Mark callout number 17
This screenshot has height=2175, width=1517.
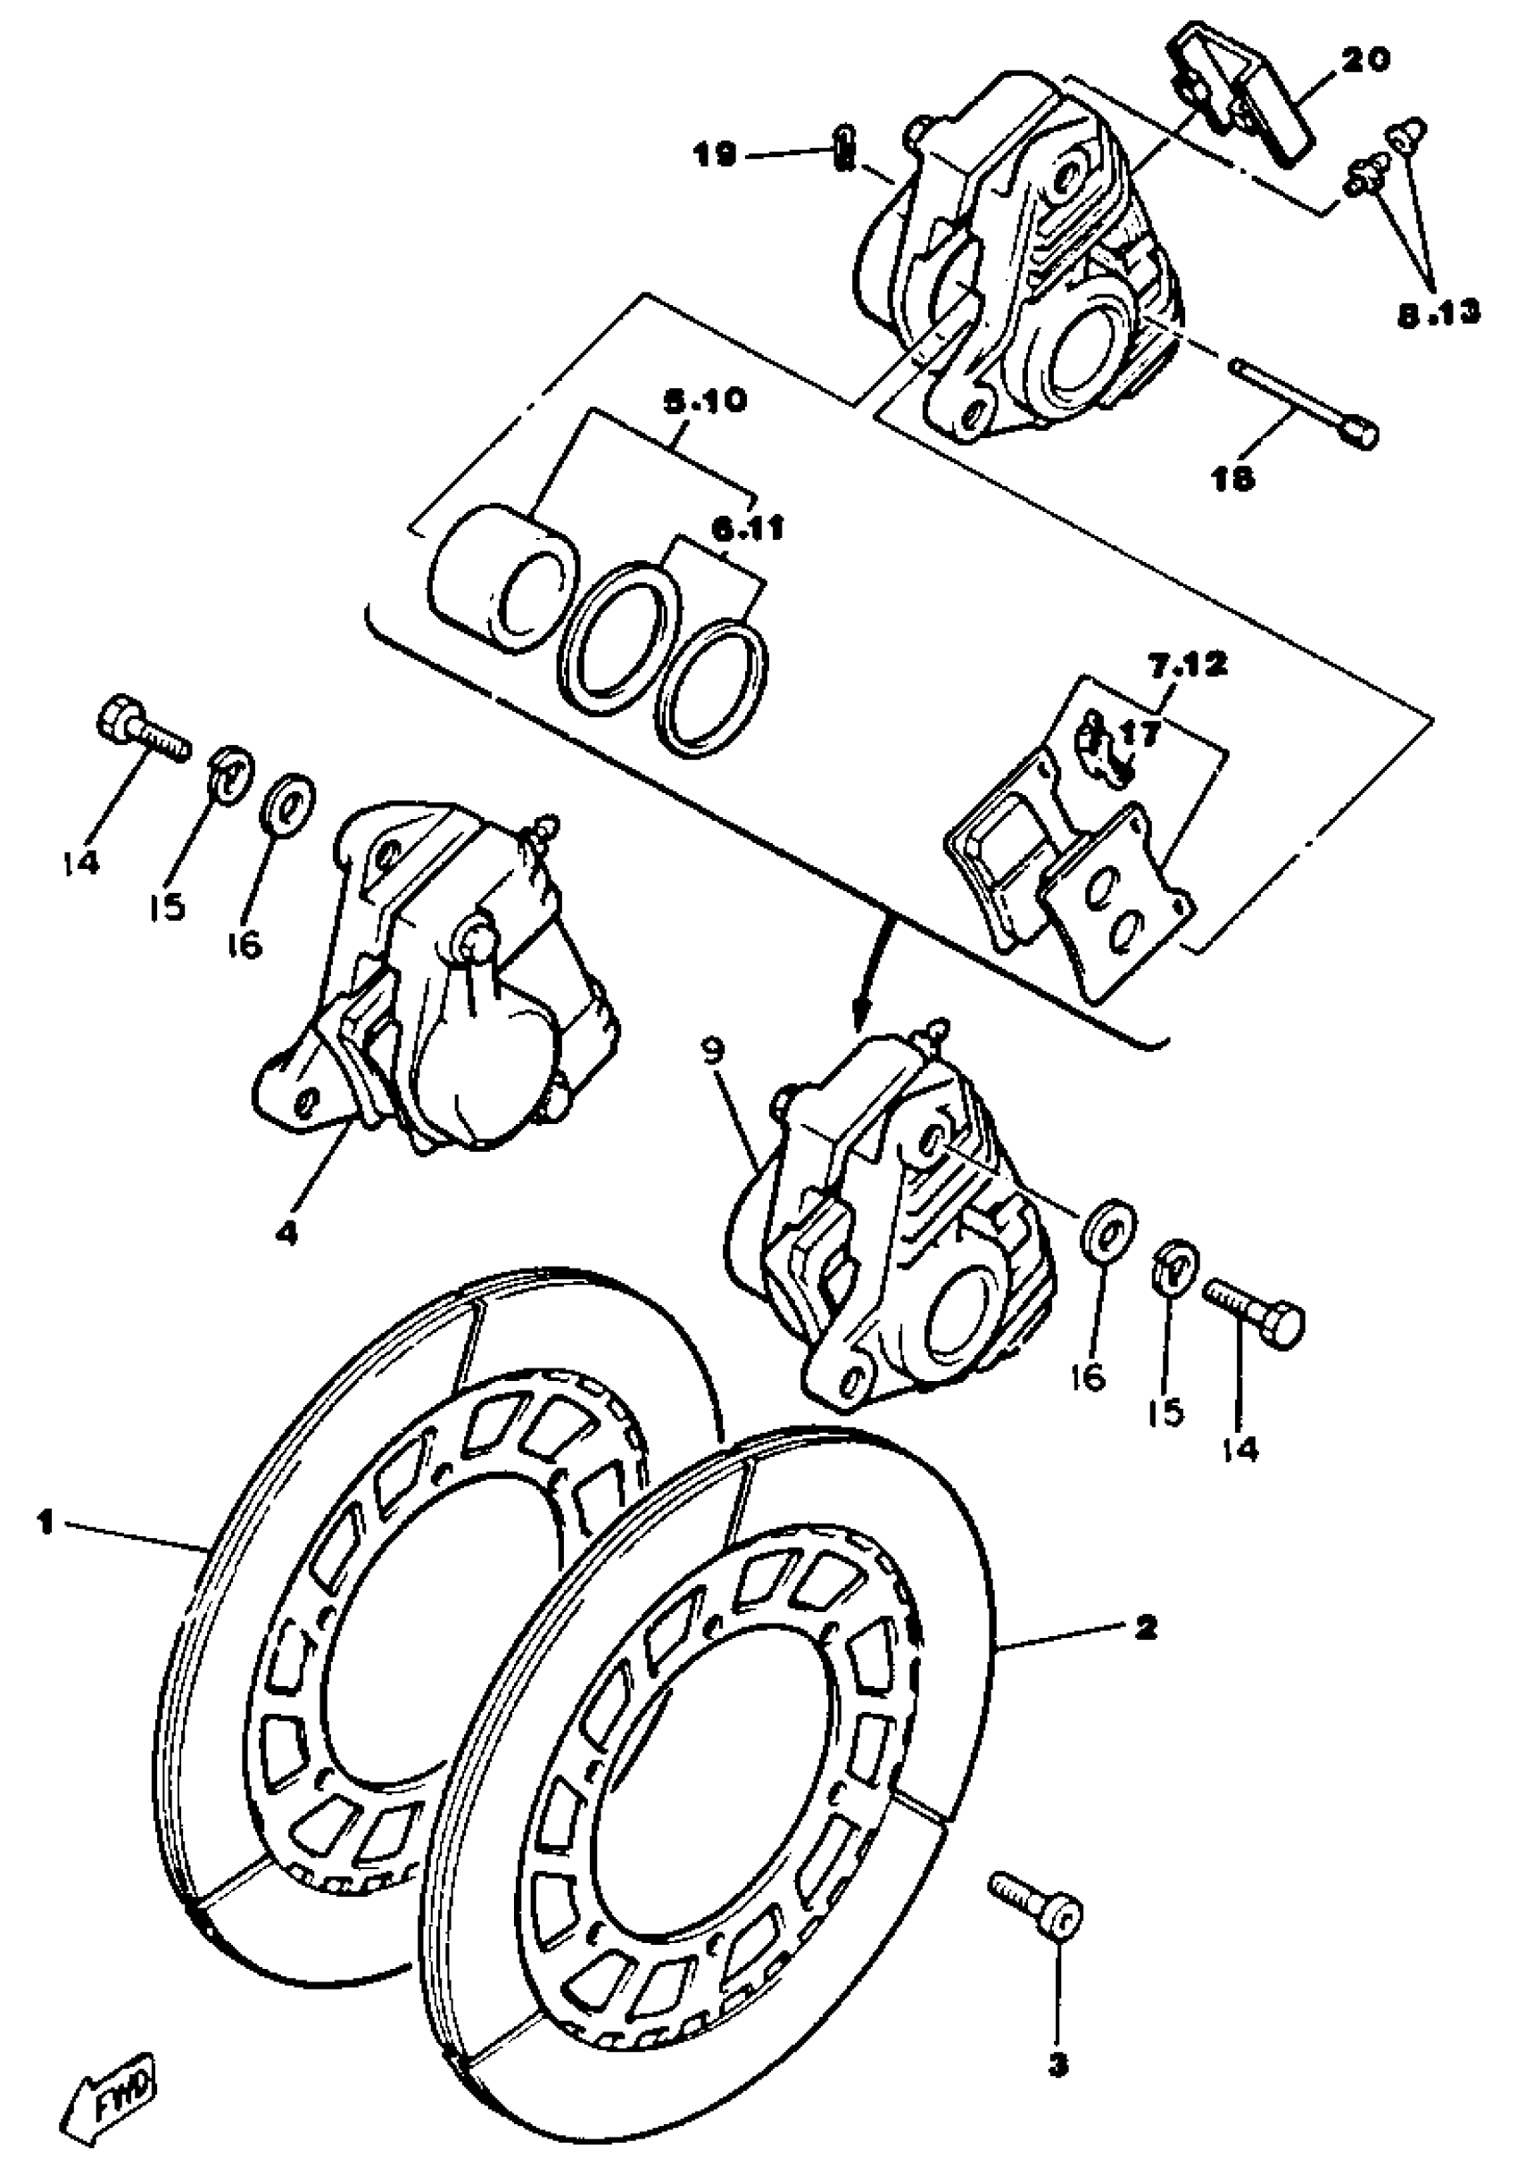point(1140,732)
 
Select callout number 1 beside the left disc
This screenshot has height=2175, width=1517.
point(45,1522)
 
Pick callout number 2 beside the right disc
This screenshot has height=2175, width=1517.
point(1145,1627)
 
